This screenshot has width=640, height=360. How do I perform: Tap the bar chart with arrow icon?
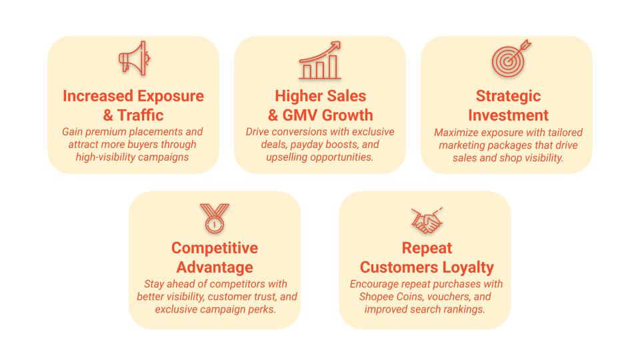tap(320, 61)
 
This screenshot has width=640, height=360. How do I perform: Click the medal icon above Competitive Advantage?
tap(213, 218)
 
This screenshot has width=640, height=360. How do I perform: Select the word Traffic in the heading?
tap(141, 115)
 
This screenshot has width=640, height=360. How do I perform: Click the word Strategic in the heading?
tap(508, 96)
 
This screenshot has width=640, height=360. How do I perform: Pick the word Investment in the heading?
tap(508, 115)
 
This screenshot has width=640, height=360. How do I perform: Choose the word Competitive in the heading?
tap(214, 248)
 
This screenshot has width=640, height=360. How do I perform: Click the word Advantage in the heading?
tap(214, 267)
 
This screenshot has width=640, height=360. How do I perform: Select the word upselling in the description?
tap(289, 157)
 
